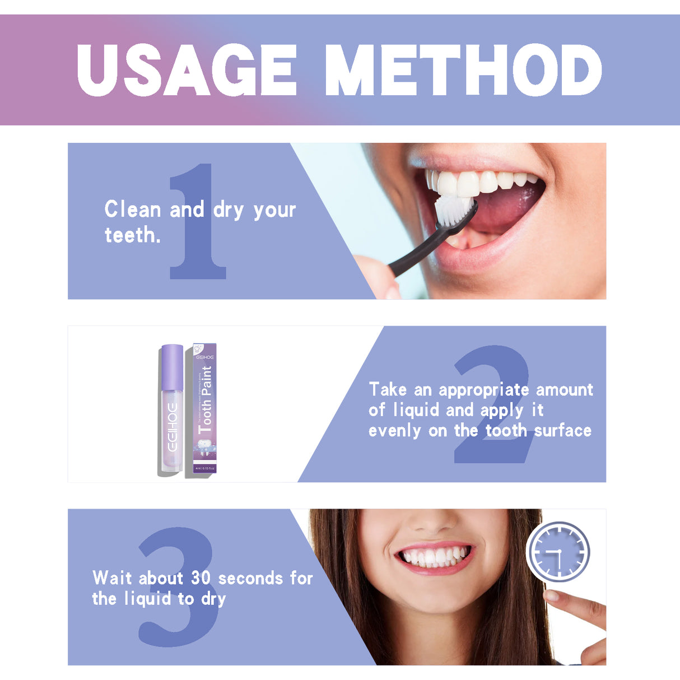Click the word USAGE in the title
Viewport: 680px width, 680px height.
point(187,70)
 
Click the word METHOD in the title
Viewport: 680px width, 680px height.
point(463,70)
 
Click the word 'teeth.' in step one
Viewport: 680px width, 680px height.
point(133,235)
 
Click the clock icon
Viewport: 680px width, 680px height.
point(558,552)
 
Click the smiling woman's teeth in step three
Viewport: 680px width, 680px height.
point(434,556)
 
